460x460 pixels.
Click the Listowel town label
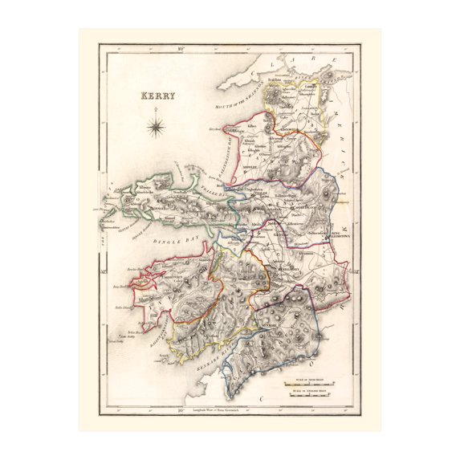click(291, 128)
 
